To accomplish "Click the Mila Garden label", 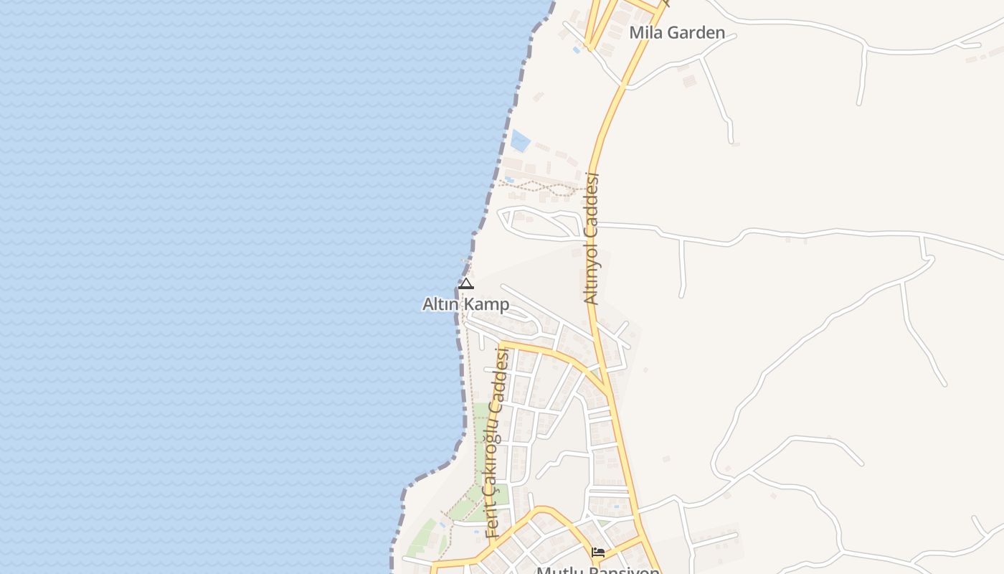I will (x=677, y=32).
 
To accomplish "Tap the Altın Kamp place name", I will (x=465, y=304).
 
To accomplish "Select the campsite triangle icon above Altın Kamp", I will (x=466, y=284).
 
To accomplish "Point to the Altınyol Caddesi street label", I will (x=592, y=238).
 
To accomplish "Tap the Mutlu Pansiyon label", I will (x=598, y=570).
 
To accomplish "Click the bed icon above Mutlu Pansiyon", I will (x=598, y=552).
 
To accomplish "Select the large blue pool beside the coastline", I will (x=520, y=140).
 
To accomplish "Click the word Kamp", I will (x=486, y=304).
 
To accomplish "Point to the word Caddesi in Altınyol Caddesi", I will (x=592, y=202).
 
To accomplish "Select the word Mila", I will (x=643, y=32).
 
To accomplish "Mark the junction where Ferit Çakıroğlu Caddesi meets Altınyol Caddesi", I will (x=607, y=391).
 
